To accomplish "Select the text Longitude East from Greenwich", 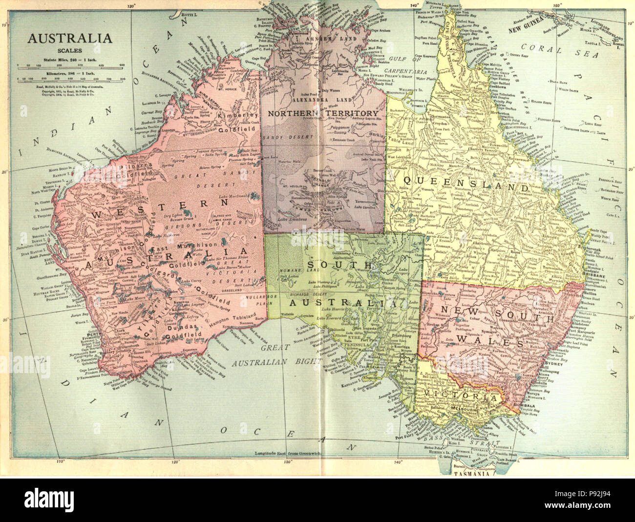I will [287, 453].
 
